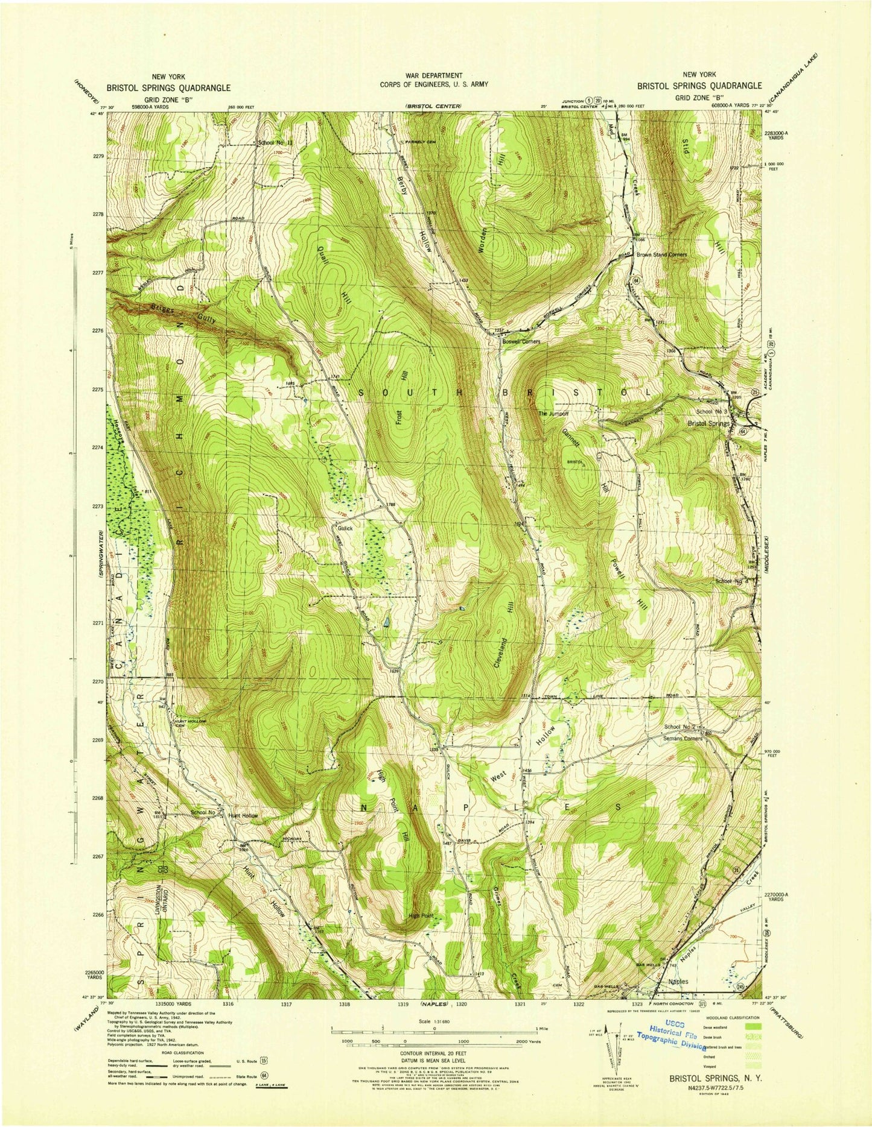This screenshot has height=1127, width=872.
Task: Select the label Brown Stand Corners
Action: [x=661, y=254]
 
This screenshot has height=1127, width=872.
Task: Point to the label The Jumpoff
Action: [x=553, y=414]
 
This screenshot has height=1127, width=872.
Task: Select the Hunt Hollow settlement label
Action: [x=243, y=815]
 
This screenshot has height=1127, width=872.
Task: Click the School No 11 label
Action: [x=275, y=143]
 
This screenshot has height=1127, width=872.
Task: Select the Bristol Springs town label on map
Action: [x=709, y=423]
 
